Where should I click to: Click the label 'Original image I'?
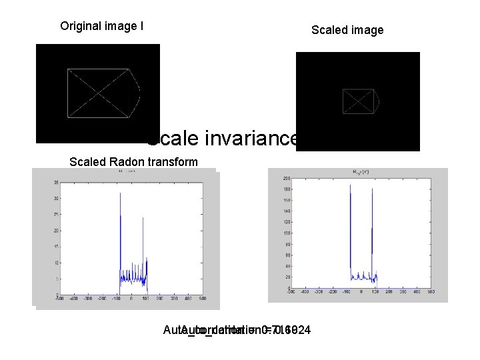(101, 27)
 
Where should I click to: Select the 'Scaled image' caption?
(347, 30)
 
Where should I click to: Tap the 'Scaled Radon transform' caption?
(133, 162)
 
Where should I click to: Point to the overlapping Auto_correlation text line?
(237, 331)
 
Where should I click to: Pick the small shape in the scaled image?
(360, 101)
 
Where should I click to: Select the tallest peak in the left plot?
(120, 194)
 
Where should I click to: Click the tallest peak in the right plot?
(350, 186)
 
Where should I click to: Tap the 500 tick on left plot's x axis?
(202, 299)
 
